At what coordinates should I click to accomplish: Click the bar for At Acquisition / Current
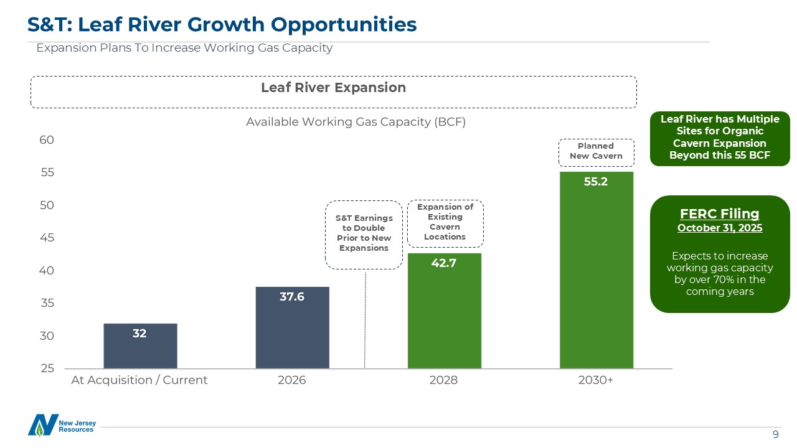point(140,346)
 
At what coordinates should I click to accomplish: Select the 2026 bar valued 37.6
point(292,328)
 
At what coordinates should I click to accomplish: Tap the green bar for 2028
point(444,311)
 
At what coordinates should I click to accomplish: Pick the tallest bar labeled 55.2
point(596,270)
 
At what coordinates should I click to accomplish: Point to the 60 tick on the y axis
point(47,140)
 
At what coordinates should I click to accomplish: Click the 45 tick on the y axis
point(47,238)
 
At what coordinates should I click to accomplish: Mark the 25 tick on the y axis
point(47,368)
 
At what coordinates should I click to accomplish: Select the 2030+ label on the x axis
point(596,380)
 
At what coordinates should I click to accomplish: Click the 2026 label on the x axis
point(292,380)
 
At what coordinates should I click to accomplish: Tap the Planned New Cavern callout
point(596,151)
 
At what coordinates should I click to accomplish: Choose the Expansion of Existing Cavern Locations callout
point(445,222)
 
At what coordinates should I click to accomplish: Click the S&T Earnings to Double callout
point(364,233)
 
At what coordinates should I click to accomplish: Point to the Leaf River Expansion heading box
point(333,88)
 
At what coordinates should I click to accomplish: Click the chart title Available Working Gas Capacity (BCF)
point(356,122)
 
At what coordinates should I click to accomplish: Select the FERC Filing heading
point(719,214)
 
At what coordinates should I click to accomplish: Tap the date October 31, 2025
point(719,228)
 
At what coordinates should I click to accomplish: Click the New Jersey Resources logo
point(61,425)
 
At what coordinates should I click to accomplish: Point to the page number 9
point(775,434)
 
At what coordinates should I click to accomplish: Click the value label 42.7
point(444,263)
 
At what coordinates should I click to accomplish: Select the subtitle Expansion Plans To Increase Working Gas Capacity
point(184,48)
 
